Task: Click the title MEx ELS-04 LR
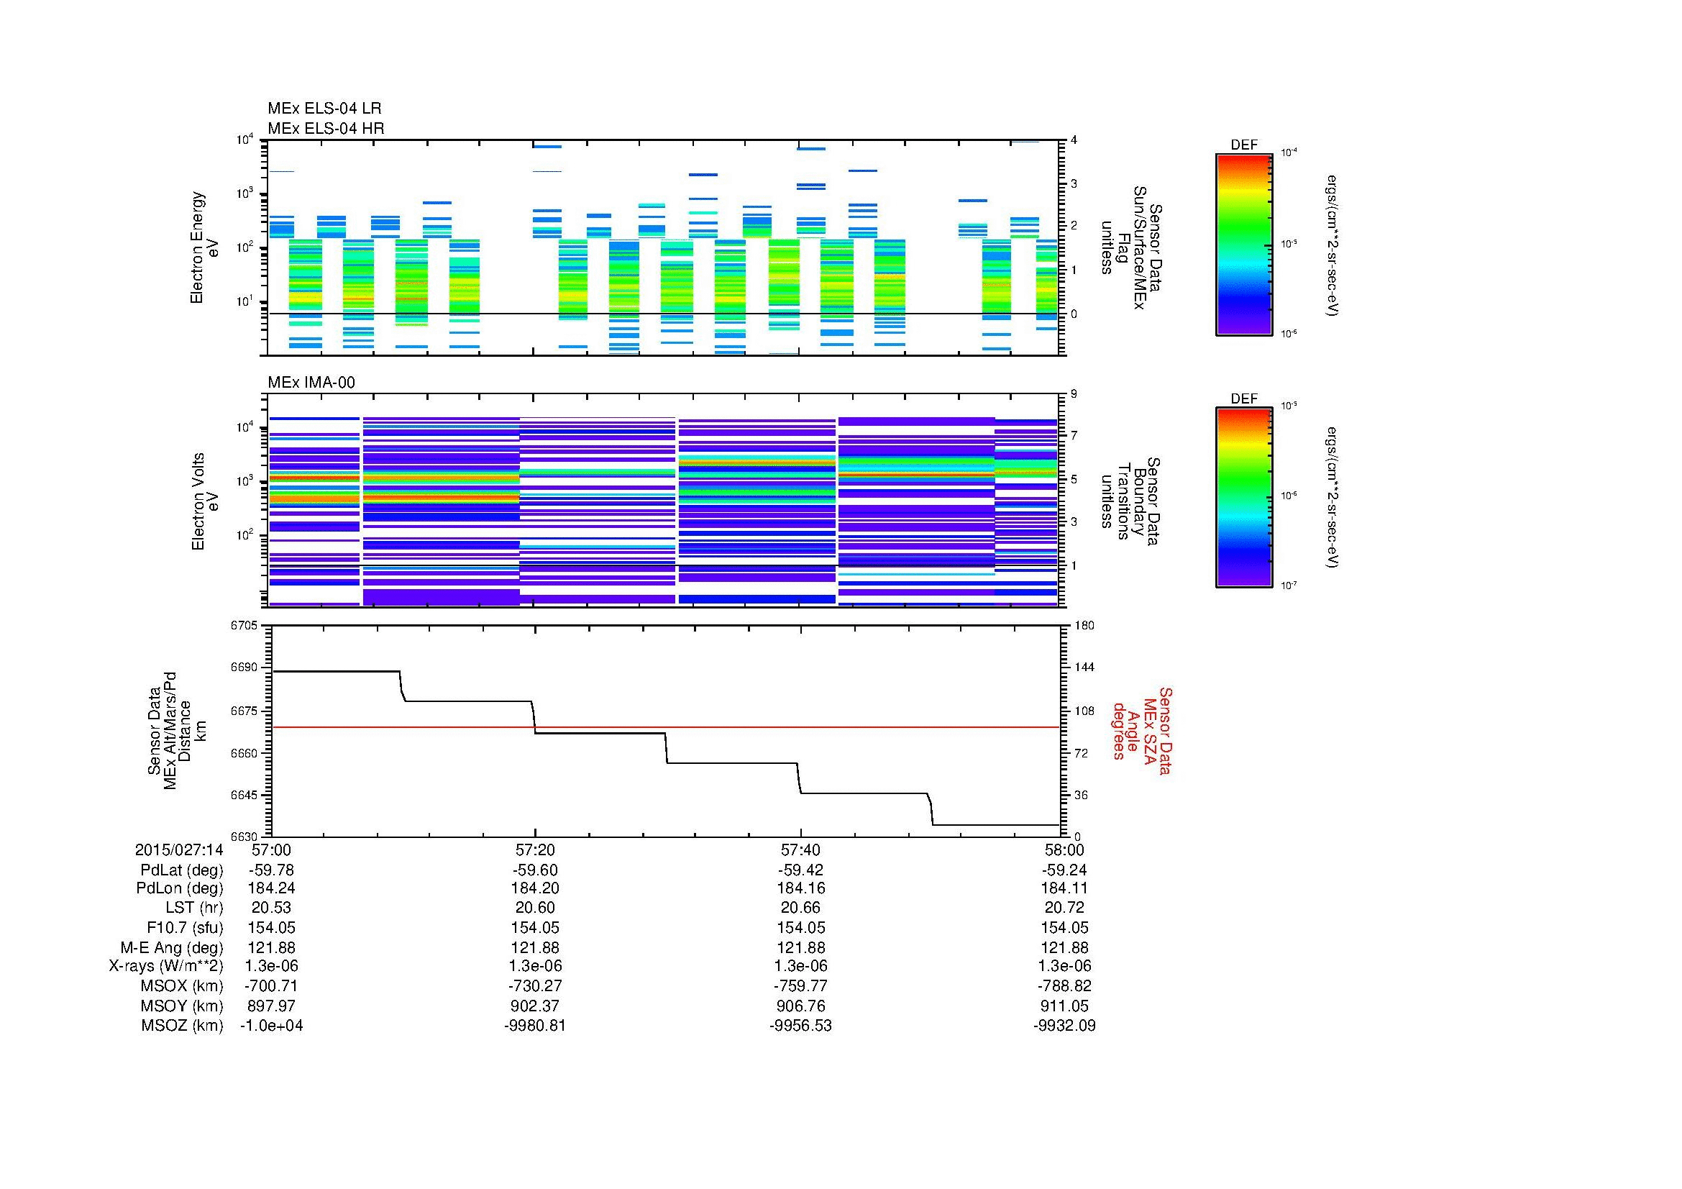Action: coord(324,109)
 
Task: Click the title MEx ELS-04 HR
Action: coord(325,129)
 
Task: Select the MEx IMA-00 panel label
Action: coord(311,383)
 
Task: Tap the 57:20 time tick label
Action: coord(535,849)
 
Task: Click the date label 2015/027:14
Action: coord(179,849)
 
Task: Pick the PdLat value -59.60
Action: coord(535,870)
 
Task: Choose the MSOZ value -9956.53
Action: coord(800,1026)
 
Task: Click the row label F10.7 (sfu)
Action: coord(185,927)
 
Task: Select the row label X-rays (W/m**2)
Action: coord(165,966)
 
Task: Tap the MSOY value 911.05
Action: coord(1064,1006)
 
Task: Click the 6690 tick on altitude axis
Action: coord(244,668)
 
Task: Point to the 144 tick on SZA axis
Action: coord(1083,668)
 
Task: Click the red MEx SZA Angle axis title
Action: coord(1141,730)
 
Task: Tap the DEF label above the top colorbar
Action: coord(1243,145)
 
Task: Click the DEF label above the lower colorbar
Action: coord(1243,398)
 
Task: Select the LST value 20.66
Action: coord(800,908)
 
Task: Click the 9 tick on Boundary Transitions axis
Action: coord(1074,394)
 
